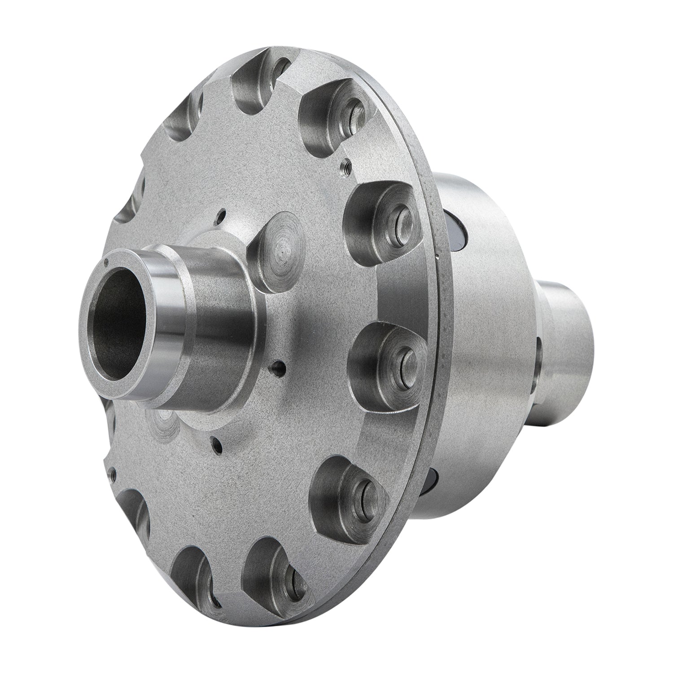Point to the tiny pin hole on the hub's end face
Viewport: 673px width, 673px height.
coord(105,260)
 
